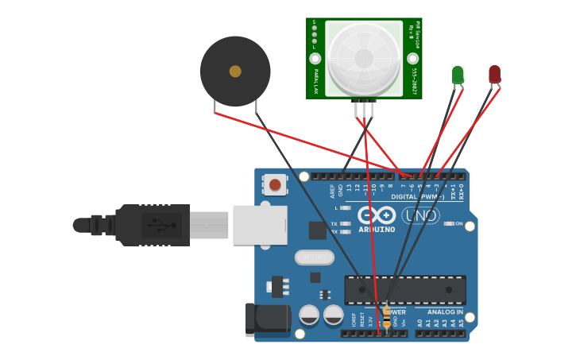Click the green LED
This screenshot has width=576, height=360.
tap(458, 75)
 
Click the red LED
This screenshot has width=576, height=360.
tap(494, 74)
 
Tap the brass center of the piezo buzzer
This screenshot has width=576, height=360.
tap(235, 72)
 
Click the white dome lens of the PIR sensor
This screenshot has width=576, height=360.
tap(364, 58)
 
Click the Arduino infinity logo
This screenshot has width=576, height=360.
tap(377, 215)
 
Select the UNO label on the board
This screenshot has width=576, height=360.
tap(420, 215)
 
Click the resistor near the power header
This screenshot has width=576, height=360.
tap(387, 316)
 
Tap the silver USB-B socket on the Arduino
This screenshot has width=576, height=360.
tap(259, 225)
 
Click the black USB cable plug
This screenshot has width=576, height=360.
tap(151, 225)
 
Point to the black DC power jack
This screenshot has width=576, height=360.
tap(268, 321)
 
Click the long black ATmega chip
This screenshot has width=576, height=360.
tap(405, 289)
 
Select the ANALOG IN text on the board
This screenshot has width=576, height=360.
tap(445, 312)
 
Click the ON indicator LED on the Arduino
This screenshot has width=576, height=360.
tap(449, 224)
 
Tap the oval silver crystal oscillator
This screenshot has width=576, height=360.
tap(314, 257)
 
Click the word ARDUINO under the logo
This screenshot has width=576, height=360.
tap(377, 230)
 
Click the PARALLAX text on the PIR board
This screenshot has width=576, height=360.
tap(315, 82)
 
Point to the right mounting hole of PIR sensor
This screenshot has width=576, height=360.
tap(412, 59)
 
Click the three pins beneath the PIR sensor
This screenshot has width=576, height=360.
tap(365, 108)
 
